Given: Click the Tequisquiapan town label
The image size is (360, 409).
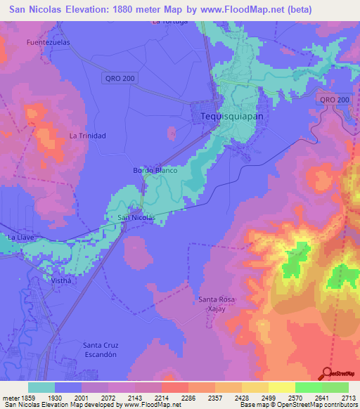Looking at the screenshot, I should [231, 117].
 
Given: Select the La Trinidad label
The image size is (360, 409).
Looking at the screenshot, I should [87, 135].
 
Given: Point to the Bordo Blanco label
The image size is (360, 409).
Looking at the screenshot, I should [154, 171].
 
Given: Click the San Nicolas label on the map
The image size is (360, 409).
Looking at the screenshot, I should [136, 218].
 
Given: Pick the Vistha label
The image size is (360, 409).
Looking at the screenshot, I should [62, 280].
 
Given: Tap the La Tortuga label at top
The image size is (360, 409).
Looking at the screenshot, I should [170, 21].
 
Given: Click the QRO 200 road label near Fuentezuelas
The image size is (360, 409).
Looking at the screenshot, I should [118, 77].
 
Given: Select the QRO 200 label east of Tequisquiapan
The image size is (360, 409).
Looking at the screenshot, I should [334, 100].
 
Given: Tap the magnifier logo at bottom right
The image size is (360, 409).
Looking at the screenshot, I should [327, 373].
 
